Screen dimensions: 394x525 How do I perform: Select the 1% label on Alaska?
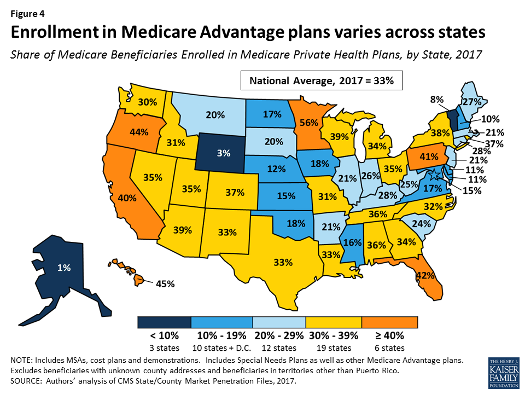[x=65, y=268]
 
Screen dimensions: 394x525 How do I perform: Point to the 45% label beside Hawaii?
[x=165, y=284]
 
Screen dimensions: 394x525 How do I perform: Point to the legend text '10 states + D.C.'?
[x=221, y=348]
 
